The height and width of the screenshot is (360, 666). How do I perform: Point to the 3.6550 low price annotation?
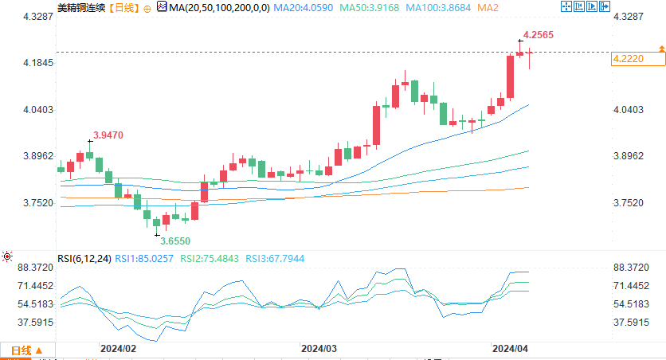point(175,240)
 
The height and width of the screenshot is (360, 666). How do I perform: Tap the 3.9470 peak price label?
point(108,135)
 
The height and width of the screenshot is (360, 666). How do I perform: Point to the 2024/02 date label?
point(118,348)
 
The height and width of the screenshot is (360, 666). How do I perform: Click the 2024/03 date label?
point(319,348)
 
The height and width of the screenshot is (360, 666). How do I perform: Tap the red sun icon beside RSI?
point(8,256)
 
